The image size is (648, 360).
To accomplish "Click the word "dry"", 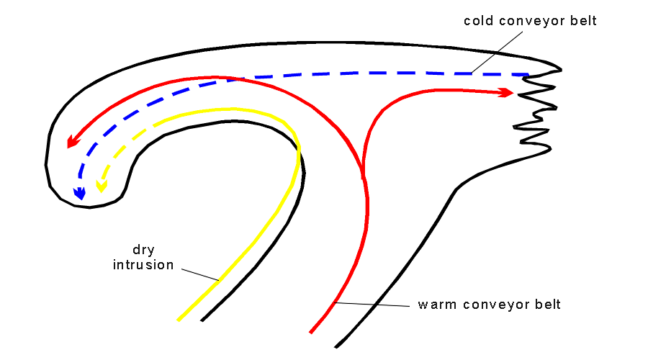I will pyautogui.click(x=143, y=251).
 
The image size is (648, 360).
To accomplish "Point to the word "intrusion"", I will pyautogui.click(x=143, y=265).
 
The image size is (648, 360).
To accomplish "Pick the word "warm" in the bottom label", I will pyautogui.click(x=436, y=305).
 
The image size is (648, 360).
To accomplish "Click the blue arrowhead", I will pyautogui.click(x=79, y=193).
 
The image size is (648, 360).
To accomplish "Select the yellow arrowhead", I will pyautogui.click(x=102, y=186).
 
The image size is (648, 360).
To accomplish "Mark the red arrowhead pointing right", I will pyautogui.click(x=507, y=92).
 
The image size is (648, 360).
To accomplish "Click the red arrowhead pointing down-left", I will pyautogui.click(x=71, y=143).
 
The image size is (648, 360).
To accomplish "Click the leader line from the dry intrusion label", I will pyautogui.click(x=200, y=274).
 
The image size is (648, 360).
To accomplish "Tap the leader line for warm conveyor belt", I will pyautogui.click(x=374, y=305).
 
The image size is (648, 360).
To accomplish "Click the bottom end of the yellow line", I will pyautogui.click(x=178, y=320).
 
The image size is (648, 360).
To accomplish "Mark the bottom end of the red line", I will pyautogui.click(x=310, y=333).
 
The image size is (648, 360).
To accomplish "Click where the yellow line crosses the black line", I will pyautogui.click(x=297, y=149).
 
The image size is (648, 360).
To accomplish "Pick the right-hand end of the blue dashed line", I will pyautogui.click(x=528, y=74).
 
